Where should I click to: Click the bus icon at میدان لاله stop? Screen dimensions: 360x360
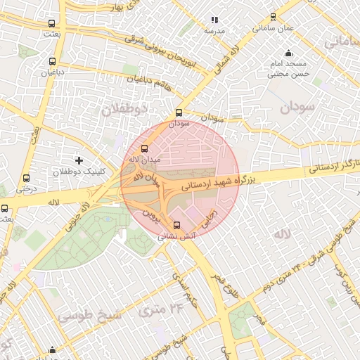(145, 149)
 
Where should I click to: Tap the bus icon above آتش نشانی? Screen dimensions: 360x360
(176, 226)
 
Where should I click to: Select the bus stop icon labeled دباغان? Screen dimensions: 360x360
(51, 61)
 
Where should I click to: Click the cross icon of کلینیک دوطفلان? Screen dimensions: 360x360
(79, 161)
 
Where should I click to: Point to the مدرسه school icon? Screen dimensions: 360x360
(214, 20)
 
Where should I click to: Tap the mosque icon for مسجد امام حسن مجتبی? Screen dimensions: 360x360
(288, 53)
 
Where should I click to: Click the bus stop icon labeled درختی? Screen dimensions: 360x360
(26, 179)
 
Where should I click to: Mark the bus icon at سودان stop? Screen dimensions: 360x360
(179, 112)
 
